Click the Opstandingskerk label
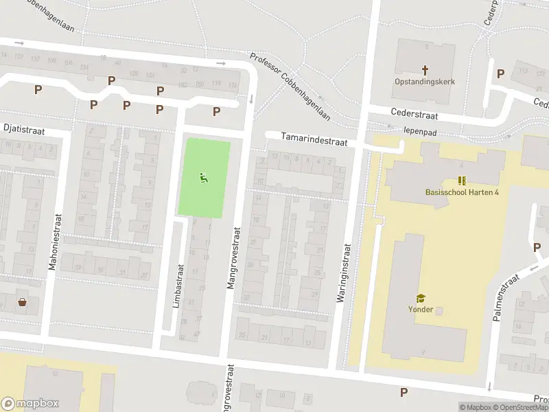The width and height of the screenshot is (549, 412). (x=424, y=82)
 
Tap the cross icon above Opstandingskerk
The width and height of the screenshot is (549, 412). (x=425, y=69)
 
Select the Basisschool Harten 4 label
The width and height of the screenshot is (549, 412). (x=462, y=192)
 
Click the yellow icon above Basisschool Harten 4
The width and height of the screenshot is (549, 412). (x=462, y=181)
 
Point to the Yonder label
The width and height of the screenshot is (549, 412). (x=420, y=309)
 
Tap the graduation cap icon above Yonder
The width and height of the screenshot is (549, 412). (x=420, y=298)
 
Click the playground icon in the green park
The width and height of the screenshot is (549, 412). (x=203, y=179)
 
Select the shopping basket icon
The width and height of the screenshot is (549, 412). (x=23, y=301)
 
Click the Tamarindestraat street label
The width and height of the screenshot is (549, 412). (x=314, y=140)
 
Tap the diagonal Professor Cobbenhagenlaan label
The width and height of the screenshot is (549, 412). (x=290, y=87)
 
